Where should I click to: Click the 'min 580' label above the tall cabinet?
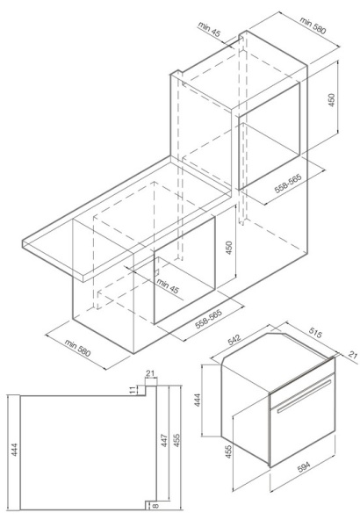(313, 25)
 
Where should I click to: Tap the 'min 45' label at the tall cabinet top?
(209, 29)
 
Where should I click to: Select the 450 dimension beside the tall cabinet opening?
(331, 100)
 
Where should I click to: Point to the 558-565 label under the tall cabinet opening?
(288, 184)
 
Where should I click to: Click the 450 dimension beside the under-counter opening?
(228, 248)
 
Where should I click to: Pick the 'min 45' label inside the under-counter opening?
(168, 285)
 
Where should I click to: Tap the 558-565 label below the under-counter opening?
(208, 319)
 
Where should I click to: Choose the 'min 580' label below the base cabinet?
(77, 348)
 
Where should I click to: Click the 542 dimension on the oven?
(234, 339)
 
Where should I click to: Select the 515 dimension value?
(315, 333)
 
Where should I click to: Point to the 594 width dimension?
(305, 467)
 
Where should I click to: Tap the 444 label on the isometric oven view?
(198, 400)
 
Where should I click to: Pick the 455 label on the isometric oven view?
(228, 452)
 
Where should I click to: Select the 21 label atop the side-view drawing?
(150, 373)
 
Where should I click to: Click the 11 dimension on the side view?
(132, 390)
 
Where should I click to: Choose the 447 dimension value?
(163, 440)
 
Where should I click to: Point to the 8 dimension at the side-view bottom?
(155, 505)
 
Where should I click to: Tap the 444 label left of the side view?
(14, 450)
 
